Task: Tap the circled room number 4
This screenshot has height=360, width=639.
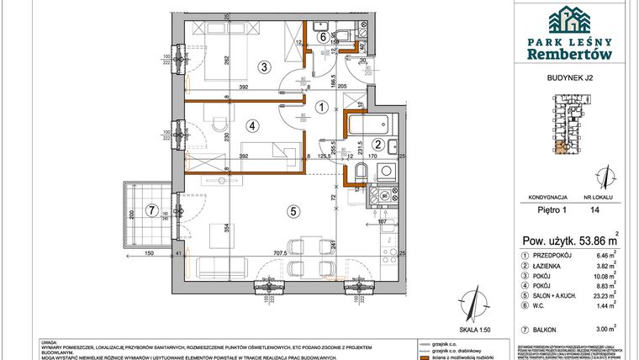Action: (251, 127)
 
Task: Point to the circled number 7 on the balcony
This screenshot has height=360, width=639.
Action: (151, 210)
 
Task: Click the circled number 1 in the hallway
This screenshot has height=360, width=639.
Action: (321, 107)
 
